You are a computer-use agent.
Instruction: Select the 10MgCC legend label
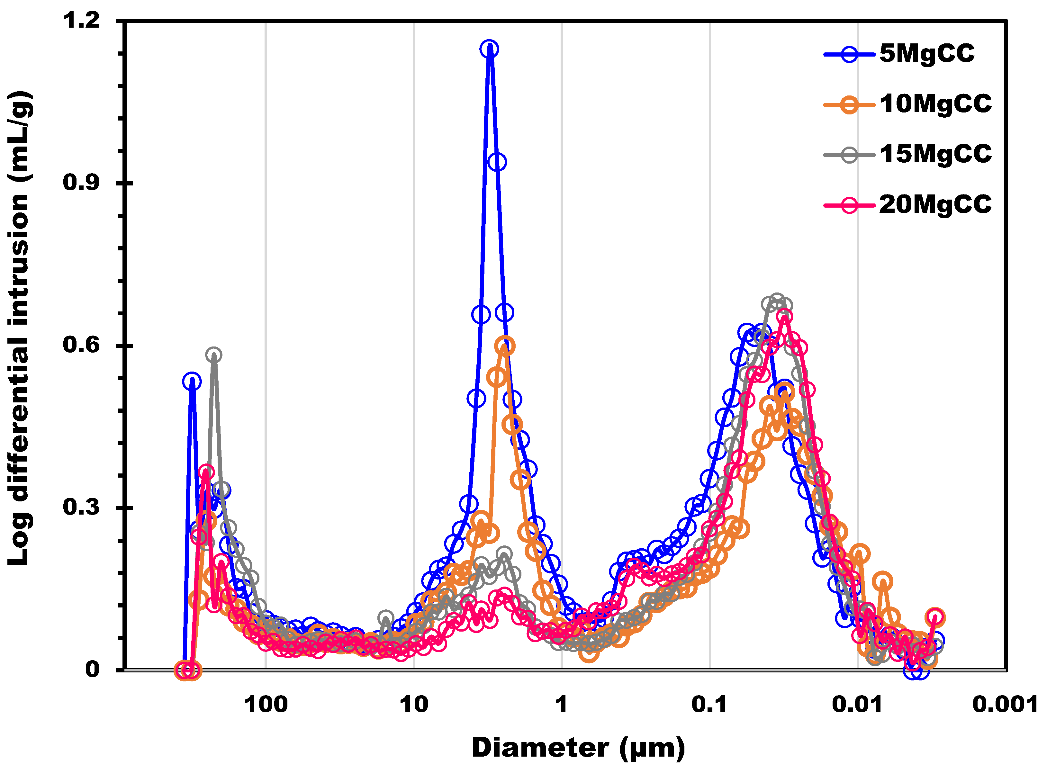click(935, 104)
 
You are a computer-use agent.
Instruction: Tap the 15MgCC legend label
click(935, 154)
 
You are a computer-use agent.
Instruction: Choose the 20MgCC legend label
click(935, 204)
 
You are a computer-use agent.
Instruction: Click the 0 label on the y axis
click(92, 670)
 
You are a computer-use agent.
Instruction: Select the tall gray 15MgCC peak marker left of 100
click(214, 355)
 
